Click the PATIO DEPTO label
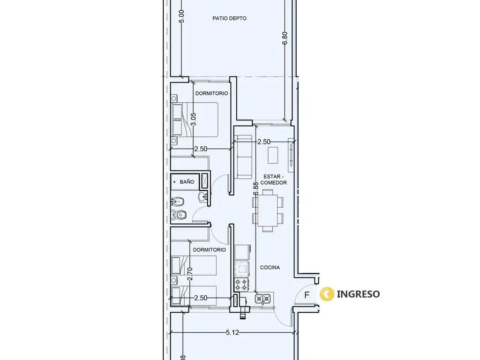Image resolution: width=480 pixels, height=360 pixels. click(229, 18)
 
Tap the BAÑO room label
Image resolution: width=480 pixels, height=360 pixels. click(187, 182)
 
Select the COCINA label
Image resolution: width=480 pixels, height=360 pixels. click(270, 268)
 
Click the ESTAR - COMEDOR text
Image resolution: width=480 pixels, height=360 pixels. click(273, 180)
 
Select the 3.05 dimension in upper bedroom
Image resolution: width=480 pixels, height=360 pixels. click(193, 119)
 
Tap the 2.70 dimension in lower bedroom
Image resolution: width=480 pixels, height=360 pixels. click(190, 274)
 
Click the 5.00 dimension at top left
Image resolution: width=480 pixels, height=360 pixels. click(182, 16)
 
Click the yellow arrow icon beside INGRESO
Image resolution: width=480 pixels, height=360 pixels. click(327, 294)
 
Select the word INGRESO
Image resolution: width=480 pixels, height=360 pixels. click(358, 294)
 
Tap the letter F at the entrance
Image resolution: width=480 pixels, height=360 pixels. click(307, 295)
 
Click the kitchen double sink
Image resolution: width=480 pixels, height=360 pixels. click(262, 298)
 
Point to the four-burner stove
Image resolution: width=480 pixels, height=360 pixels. click(241, 285)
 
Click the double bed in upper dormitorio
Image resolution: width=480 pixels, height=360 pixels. click(195, 120)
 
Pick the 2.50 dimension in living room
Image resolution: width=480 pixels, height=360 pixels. click(264, 142)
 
